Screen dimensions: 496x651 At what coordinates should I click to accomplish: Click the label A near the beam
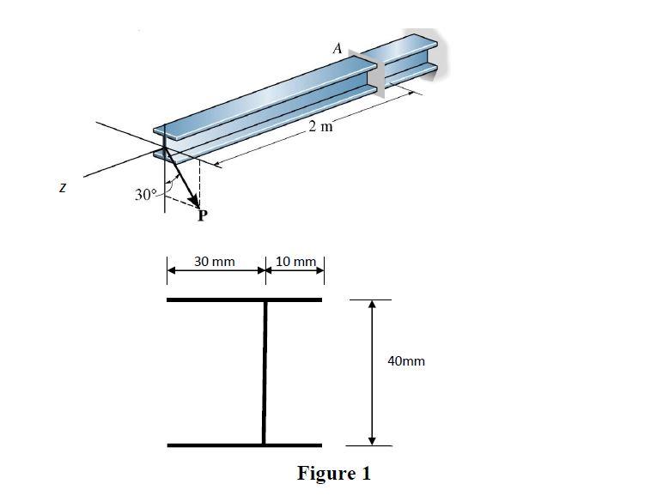click(x=338, y=49)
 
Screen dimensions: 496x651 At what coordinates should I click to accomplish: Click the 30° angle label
click(x=145, y=195)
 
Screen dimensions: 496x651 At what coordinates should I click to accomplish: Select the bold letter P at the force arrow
click(x=203, y=216)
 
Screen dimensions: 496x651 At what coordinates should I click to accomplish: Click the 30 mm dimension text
click(x=215, y=261)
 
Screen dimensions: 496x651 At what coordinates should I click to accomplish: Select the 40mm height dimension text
click(x=406, y=361)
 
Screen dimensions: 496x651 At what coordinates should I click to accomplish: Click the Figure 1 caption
click(x=334, y=473)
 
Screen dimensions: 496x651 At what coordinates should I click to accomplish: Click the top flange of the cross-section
click(x=244, y=299)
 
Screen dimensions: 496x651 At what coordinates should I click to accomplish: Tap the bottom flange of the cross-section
click(x=244, y=445)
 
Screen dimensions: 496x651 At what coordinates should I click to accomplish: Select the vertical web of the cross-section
click(x=265, y=372)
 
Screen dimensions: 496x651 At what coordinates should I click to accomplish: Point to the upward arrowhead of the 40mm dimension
click(x=372, y=305)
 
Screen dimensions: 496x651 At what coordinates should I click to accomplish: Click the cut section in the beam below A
click(x=374, y=74)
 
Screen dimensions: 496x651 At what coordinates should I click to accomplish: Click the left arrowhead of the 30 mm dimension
click(x=172, y=269)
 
